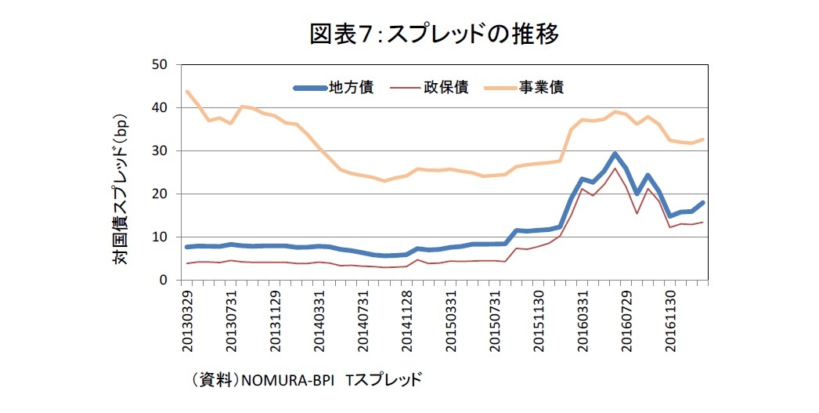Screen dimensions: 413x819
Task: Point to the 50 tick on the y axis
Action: [x=164, y=64]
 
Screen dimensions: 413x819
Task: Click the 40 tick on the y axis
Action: [x=164, y=107]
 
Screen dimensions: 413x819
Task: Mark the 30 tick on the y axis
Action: [x=164, y=150]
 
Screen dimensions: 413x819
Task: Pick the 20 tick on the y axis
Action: [x=164, y=194]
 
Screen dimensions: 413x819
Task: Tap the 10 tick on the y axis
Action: [x=164, y=237]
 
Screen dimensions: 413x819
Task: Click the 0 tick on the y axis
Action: [x=168, y=280]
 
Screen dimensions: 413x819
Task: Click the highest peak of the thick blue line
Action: [x=615, y=154]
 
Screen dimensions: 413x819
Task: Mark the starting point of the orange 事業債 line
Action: [x=187, y=91]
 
